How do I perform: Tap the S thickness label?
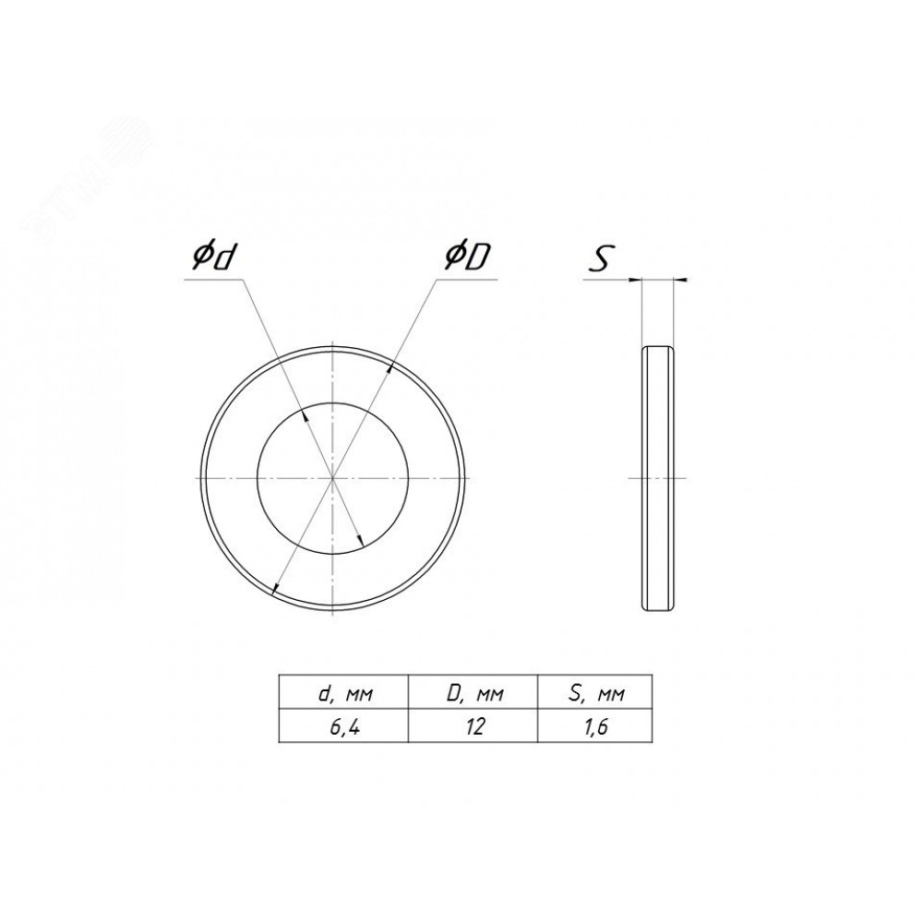click(x=601, y=258)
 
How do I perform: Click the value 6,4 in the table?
click(x=344, y=727)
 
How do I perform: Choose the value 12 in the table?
click(x=474, y=727)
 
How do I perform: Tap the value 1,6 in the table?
click(x=595, y=727)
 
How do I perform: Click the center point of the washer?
click(x=332, y=478)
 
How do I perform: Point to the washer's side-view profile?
click(x=656, y=478)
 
